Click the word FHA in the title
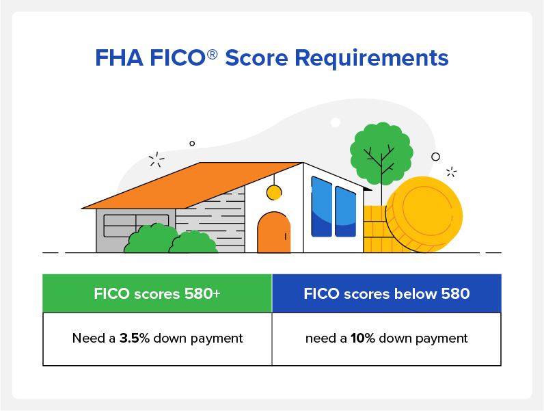tap(119, 57)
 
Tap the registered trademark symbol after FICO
tap(212, 54)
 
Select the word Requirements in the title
tap(372, 58)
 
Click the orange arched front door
tap(274, 232)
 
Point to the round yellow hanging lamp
tap(274, 193)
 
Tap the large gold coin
tap(424, 214)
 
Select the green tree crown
tap(381, 153)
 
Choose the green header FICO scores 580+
tap(157, 293)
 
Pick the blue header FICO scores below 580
tap(387, 293)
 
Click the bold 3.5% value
tap(134, 338)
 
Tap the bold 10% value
tap(362, 338)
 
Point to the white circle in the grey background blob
tap(336, 122)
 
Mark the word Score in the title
tap(257, 58)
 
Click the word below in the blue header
tap(416, 293)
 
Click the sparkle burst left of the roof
tap(157, 159)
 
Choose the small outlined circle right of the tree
tap(436, 157)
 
